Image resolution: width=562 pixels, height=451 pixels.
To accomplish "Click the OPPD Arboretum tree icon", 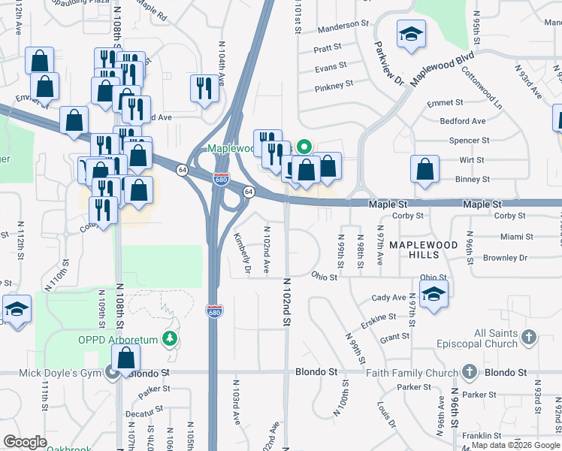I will click(171, 340).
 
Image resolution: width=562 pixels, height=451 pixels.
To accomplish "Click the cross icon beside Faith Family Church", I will click(470, 372).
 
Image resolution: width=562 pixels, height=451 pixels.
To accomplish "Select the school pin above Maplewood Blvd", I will click(410, 35).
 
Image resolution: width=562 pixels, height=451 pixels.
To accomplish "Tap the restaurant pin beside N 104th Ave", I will click(204, 86).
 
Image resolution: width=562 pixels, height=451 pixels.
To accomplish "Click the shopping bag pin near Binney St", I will click(425, 168).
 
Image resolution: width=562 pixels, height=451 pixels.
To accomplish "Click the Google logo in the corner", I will click(26, 442).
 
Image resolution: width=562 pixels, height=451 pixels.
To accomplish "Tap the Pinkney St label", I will click(334, 86).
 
